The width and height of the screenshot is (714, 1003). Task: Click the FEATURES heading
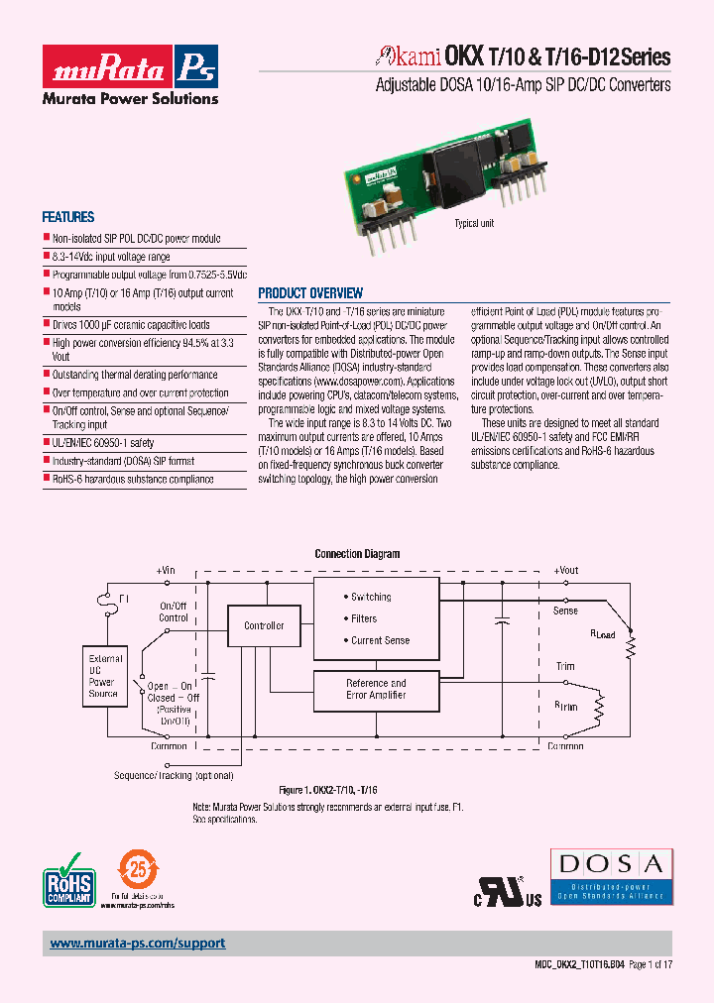pyautogui.click(x=67, y=217)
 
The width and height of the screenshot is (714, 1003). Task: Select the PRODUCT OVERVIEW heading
pyautogui.click(x=310, y=293)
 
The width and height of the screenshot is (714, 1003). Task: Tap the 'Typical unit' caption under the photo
pyautogui.click(x=474, y=224)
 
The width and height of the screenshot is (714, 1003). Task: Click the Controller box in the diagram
pyautogui.click(x=264, y=625)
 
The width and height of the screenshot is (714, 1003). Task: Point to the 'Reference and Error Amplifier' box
pyautogui.click(x=376, y=689)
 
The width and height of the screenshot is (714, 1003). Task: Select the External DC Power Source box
pyautogui.click(x=105, y=676)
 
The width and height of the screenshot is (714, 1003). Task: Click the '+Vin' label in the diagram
pyautogui.click(x=165, y=570)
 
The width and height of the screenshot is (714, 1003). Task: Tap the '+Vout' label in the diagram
pyautogui.click(x=565, y=570)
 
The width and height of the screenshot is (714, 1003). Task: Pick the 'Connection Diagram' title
pyautogui.click(x=357, y=554)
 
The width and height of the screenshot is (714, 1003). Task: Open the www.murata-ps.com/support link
pyautogui.click(x=138, y=944)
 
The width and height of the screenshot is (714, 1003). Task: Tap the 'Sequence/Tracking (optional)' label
pyautogui.click(x=175, y=775)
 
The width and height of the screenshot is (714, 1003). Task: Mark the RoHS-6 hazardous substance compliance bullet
pyautogui.click(x=132, y=479)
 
